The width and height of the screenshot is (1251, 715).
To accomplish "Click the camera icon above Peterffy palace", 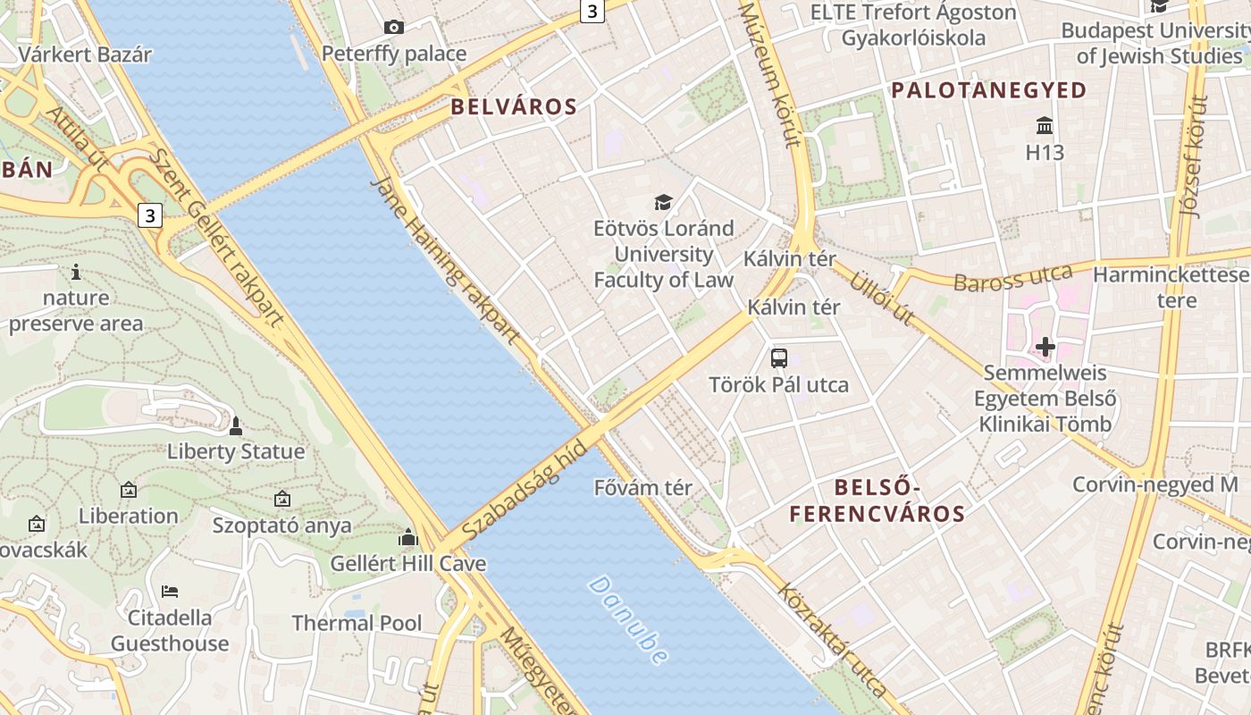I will coord(394,28).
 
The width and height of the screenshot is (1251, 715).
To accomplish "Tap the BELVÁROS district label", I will coord(514,107).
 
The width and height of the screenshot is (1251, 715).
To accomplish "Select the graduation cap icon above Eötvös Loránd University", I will coord(663,202).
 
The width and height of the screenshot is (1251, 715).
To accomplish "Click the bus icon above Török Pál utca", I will coord(779,358).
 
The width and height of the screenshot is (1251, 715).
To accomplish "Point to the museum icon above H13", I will coord(1045,125).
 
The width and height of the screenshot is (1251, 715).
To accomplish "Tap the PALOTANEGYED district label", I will coord(988,90).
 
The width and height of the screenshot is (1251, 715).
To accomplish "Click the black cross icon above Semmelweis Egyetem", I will coord(1045,346).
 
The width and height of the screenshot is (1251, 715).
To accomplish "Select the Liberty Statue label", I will coord(236,451).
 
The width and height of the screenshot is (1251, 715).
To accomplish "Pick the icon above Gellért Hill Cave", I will coord(408,537).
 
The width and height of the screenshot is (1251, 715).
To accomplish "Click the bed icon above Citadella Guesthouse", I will coord(170,591).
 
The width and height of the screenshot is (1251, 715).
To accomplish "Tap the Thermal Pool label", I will coord(357,623).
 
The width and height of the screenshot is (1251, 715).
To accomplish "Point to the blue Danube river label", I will coord(628,619).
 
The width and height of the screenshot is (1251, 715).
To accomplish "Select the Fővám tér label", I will coord(643,488).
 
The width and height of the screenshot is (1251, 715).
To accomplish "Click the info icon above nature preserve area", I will coord(76,272).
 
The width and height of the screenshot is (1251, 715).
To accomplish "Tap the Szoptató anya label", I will coord(282,526).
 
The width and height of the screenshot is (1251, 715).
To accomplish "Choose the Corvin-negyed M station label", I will coord(1155,485).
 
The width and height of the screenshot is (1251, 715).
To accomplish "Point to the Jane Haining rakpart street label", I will coord(444,260).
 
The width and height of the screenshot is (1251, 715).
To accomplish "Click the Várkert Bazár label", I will coord(85,54).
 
